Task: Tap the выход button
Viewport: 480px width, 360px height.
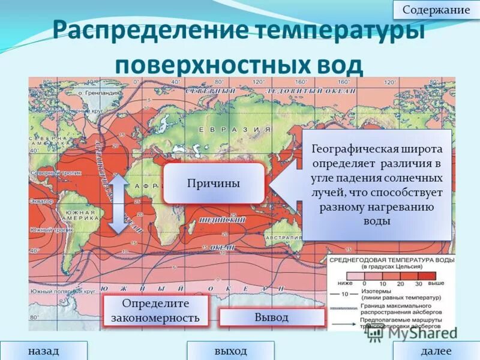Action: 230,350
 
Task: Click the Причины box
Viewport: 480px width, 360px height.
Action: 214,183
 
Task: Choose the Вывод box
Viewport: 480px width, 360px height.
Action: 272,317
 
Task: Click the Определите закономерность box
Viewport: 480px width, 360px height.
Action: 155,310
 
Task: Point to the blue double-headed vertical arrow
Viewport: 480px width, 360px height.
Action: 118,203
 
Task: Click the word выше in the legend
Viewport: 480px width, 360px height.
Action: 436,282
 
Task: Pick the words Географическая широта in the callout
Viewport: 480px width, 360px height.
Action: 377,148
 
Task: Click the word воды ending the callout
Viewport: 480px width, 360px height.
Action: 377,221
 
